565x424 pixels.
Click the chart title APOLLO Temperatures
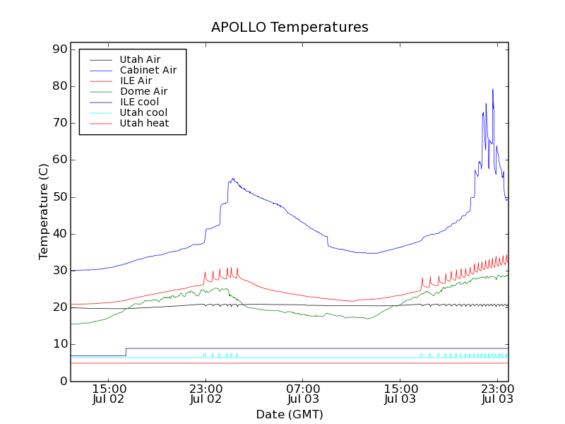290,28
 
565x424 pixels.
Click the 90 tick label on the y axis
59,49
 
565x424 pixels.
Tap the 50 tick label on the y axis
59,197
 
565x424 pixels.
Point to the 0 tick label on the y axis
62,381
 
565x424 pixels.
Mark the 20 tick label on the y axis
59,307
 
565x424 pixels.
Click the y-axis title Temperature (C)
44,212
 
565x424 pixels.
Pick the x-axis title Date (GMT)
290,414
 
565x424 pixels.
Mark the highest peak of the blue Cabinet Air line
492,90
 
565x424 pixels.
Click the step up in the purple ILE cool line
126,351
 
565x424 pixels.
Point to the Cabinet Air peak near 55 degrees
232,179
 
